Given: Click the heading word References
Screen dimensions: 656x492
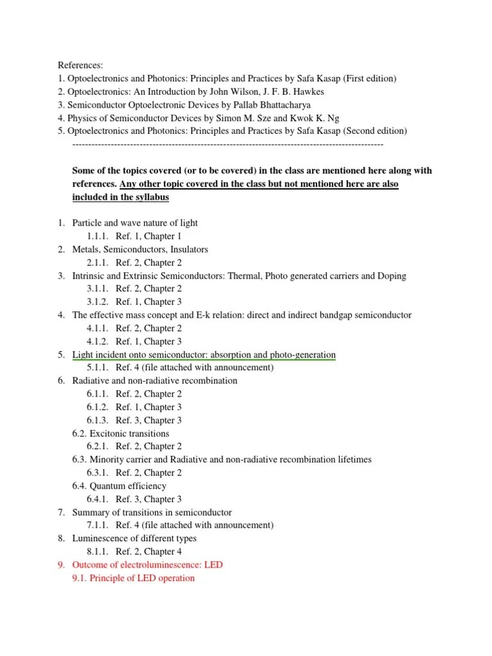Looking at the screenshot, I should [x=80, y=65].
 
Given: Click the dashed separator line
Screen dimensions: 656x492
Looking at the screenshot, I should [x=228, y=144].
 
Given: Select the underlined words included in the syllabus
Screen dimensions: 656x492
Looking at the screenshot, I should [x=120, y=197].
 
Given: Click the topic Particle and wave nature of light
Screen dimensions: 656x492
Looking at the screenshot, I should [x=135, y=223].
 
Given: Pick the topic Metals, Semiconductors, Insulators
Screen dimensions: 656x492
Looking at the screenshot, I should [x=140, y=249].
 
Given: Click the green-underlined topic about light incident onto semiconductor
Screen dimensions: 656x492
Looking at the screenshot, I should [x=204, y=354].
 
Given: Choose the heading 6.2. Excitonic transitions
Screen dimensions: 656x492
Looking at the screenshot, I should [x=120, y=433].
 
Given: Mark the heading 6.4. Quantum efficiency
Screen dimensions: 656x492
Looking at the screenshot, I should [x=119, y=486].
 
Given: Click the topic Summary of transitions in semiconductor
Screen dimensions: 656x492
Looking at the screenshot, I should [x=152, y=512].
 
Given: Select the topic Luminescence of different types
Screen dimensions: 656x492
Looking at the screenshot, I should [x=135, y=538].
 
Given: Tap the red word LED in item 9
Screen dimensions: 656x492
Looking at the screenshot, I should [x=213, y=565].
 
